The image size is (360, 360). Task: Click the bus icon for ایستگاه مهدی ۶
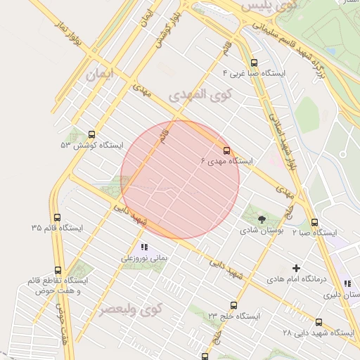[x=226, y=150]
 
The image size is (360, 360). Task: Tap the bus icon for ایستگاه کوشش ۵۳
[x=91, y=134]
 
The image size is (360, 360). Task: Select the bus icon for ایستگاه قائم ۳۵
[x=57, y=217]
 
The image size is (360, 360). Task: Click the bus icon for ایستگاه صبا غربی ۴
[x=254, y=62]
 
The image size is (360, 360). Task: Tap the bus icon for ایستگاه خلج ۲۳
[x=233, y=305]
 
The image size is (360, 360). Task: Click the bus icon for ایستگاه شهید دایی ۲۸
[x=319, y=322]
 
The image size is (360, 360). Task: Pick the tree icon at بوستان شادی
[x=262, y=219]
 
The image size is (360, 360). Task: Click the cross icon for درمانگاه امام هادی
[x=296, y=268]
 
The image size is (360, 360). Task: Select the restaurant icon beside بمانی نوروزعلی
[x=144, y=247]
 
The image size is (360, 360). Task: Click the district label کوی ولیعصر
[x=131, y=309]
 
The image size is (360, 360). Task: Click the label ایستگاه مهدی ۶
[x=226, y=161]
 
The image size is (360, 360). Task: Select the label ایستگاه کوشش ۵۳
[x=91, y=145]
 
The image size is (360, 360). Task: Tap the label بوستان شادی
[x=262, y=230]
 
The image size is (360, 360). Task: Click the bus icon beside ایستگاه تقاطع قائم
[x=58, y=270]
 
